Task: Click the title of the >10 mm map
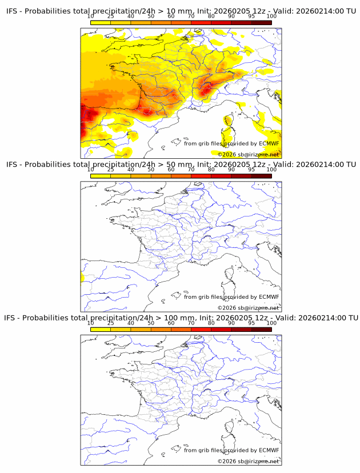coord(181,11)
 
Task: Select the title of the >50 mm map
coord(181,165)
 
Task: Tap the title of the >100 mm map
coord(181,318)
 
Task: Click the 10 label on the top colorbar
coord(91,17)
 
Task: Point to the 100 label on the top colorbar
coord(271,17)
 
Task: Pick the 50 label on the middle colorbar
coord(151,170)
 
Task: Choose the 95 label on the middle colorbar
coord(251,170)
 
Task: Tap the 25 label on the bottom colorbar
coord(111,323)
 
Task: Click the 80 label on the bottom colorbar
coord(211,323)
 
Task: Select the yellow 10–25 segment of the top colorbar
coord(101,22)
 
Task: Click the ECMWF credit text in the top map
coord(231,143)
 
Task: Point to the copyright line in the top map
coord(248,154)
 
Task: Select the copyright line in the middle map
coord(248,307)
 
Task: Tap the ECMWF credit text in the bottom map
coord(231,450)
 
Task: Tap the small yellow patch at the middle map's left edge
coord(82,277)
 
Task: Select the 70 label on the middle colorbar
coord(191,170)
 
